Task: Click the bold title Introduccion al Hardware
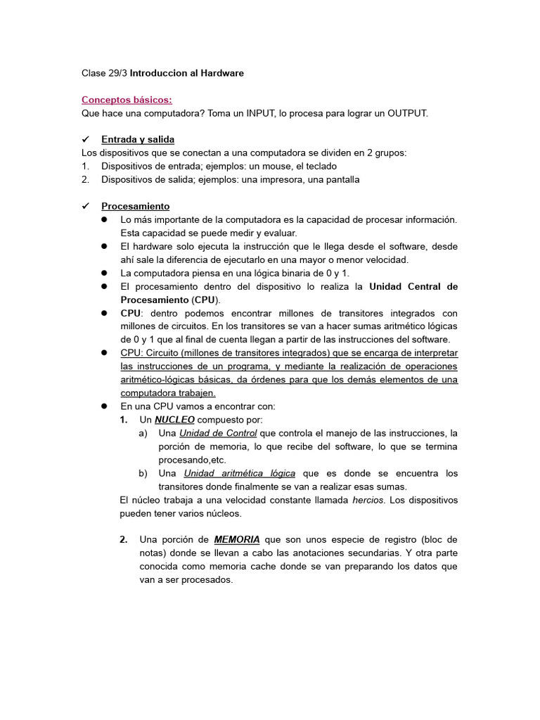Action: click(186, 73)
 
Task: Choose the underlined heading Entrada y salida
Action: click(138, 139)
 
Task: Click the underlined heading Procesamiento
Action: click(135, 206)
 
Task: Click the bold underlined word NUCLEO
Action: click(174, 420)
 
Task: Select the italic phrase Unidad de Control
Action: click(218, 433)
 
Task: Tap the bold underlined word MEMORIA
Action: click(237, 540)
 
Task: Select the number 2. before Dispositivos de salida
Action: click(85, 179)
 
